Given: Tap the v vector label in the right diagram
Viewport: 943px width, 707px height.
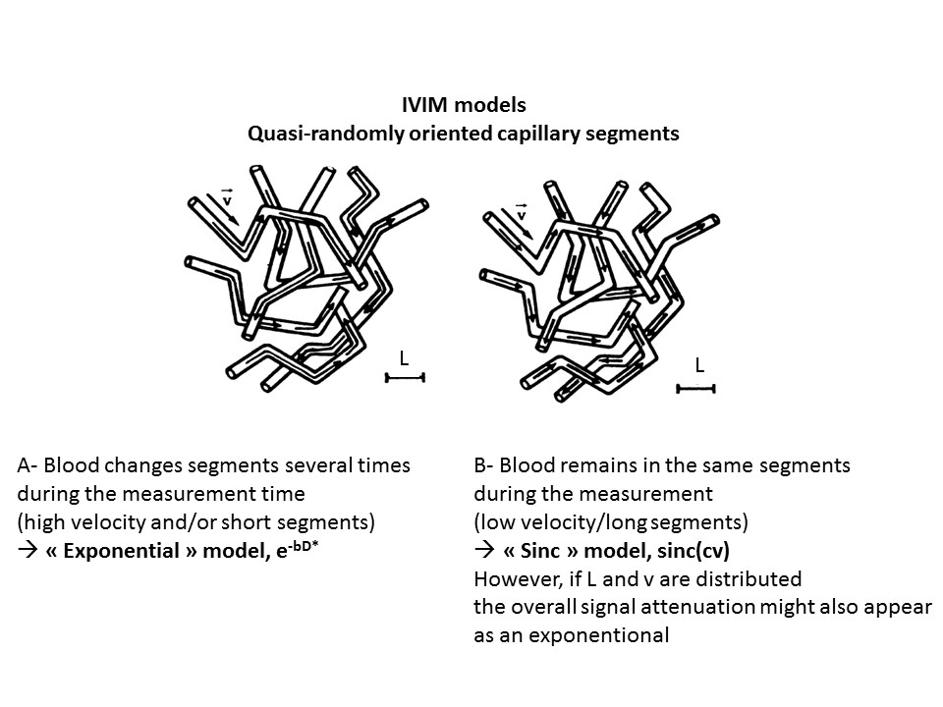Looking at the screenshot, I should pos(521,212).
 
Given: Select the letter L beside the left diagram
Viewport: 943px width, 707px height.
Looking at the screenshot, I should pos(403,360).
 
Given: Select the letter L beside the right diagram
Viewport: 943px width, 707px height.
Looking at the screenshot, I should pos(699,366).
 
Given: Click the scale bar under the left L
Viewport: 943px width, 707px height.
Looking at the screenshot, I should pos(404,377).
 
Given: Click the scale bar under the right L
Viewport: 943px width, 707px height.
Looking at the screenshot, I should pos(695,389).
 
